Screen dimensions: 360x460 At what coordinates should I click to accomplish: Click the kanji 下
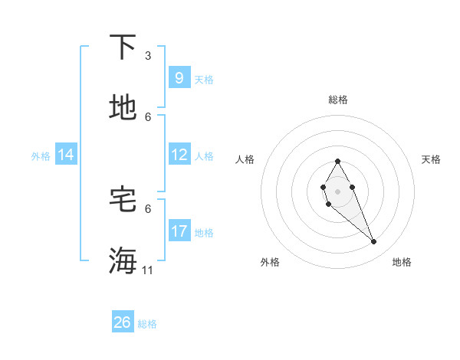(123, 47)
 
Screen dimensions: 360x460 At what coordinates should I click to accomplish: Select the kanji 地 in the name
(123, 108)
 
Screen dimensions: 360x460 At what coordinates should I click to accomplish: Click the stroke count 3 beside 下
(148, 55)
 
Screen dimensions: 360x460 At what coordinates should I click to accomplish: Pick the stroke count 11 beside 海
(148, 270)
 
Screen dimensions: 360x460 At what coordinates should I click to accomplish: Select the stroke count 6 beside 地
(148, 116)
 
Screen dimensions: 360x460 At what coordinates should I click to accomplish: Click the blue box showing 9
(179, 77)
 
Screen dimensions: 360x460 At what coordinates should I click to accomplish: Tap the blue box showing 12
(179, 155)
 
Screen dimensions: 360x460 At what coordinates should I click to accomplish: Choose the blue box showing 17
(179, 231)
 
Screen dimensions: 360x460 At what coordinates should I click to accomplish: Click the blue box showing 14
(66, 155)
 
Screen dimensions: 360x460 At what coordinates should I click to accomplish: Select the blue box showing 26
(123, 322)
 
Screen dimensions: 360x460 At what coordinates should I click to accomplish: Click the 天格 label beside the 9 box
(204, 79)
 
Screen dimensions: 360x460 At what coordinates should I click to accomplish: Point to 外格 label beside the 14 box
(41, 155)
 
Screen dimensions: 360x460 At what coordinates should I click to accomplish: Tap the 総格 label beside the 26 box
(147, 324)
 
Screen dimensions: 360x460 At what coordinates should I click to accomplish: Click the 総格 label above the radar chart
(337, 100)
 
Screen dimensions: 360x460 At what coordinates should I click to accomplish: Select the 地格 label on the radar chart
(402, 262)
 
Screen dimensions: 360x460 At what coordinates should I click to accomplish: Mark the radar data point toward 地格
(374, 242)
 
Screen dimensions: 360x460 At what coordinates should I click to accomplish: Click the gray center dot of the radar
(337, 190)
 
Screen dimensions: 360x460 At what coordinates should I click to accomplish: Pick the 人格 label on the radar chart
(245, 159)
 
